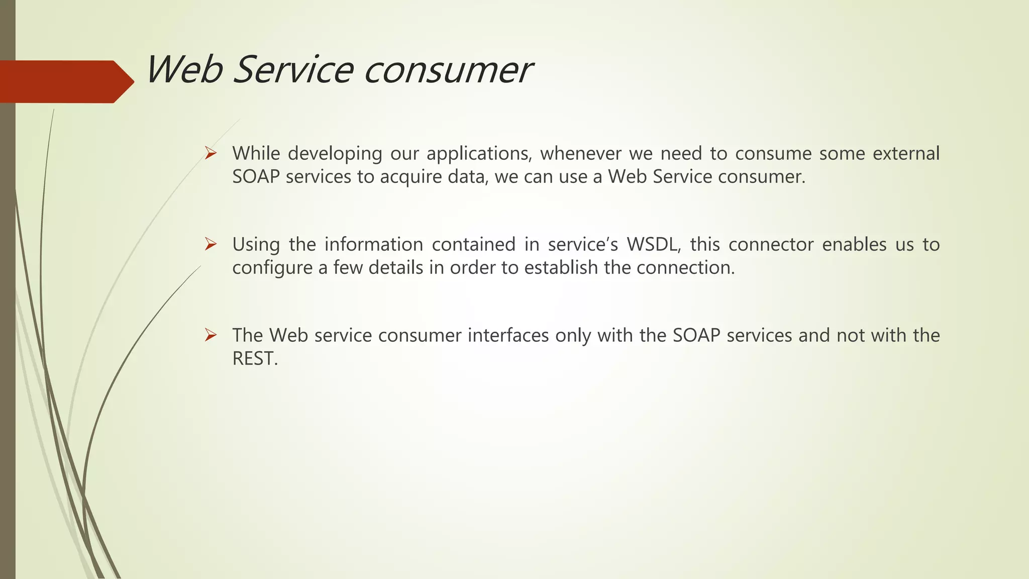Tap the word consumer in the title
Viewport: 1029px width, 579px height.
click(x=447, y=70)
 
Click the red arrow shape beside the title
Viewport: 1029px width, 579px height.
click(x=65, y=81)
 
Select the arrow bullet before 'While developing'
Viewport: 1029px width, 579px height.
click(x=211, y=153)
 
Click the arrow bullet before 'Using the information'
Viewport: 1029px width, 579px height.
click(x=211, y=244)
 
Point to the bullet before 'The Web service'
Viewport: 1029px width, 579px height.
click(x=211, y=335)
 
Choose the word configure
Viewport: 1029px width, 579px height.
click(x=272, y=268)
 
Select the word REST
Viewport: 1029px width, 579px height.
click(x=254, y=359)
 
